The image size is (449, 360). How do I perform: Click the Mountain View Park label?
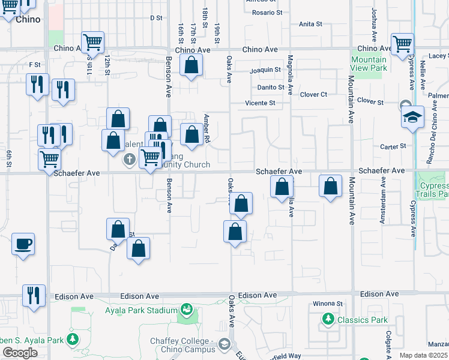369,64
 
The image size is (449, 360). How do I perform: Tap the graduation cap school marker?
413,117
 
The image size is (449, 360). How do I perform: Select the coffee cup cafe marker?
23,244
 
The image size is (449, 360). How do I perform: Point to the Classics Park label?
362,320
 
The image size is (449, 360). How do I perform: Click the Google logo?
20,353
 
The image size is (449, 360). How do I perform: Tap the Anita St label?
310,24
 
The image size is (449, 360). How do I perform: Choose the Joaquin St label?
265,70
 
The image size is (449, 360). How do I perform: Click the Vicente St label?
260,103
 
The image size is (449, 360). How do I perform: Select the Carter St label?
393,146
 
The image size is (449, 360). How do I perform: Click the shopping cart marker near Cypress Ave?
402,44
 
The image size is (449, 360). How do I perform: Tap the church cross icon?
129,160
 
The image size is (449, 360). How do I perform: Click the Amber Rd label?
206,128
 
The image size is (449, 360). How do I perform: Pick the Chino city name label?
28,19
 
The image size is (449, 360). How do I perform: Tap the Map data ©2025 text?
424,355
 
